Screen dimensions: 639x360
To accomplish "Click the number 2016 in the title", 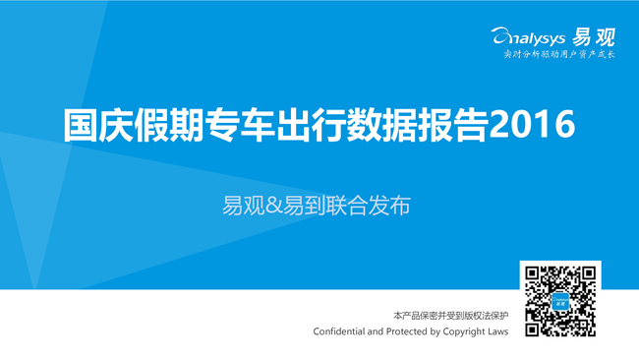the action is (x=532, y=125).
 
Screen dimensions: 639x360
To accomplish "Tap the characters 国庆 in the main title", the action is (x=98, y=125).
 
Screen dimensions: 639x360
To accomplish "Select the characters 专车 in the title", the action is (x=241, y=125).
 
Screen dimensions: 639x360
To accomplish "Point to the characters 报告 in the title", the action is (x=453, y=125).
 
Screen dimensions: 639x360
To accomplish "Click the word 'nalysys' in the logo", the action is (x=537, y=39).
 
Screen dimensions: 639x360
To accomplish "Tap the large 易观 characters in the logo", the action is (x=594, y=37).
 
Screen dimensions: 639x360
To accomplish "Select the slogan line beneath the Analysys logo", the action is (x=559, y=55).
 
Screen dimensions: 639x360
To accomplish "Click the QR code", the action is (x=560, y=301).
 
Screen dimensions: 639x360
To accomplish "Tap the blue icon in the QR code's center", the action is (x=560, y=301).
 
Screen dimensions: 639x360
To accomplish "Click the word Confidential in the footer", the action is (x=339, y=331).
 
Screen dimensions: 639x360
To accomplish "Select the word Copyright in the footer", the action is (x=463, y=332).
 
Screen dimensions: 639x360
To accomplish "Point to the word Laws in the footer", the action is (x=497, y=331).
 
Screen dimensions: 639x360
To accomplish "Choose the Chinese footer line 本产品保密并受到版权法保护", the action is (x=450, y=316).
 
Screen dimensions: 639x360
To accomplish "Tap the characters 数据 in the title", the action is (x=382, y=125).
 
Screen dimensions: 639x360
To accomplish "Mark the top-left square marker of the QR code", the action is (x=532, y=273).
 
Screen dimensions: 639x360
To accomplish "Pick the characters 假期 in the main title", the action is (x=169, y=125).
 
